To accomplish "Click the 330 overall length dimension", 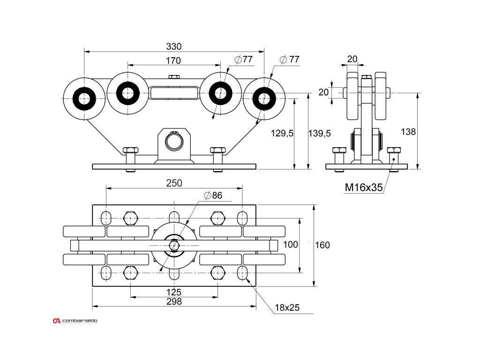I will pos(174,46).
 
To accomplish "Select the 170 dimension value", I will pos(173,60).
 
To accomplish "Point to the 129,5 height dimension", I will pos(282,134).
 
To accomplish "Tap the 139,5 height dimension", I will pos(320,134).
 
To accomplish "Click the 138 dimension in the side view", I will pos(408,132).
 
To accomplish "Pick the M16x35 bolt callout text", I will pos(364,187).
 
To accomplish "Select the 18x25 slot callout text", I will pos(287,307).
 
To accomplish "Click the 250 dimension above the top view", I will pos(174,183).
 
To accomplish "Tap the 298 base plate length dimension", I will pos(174,302).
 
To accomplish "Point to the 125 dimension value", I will pos(174,292).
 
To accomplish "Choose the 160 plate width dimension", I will pos(322,245).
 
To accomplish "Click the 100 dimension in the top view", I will pos(291,245).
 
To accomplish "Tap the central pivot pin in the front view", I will pos(174,142).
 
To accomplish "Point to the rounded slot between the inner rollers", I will pos(174,92).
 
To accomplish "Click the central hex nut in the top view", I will pos(174,245).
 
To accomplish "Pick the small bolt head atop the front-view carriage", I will pos(174,77).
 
